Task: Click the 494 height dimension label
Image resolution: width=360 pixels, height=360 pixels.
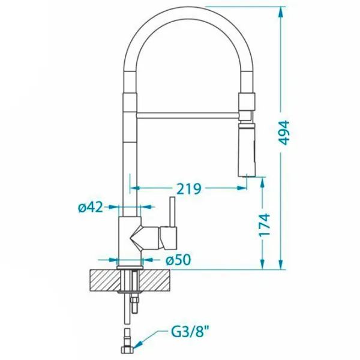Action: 284,133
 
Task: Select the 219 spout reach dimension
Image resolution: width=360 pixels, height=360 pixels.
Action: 190,189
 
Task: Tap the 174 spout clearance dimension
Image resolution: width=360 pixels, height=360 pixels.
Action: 264,225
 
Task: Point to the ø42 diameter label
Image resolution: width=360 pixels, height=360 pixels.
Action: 90,208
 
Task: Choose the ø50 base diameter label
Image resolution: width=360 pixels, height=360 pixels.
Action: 178,260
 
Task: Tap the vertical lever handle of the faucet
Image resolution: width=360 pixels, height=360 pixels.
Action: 172,212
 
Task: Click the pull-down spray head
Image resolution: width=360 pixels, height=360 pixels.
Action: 247,150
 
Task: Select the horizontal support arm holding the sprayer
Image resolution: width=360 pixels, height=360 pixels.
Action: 188,115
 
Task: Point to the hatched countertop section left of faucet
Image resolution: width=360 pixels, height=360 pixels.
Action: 104,281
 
